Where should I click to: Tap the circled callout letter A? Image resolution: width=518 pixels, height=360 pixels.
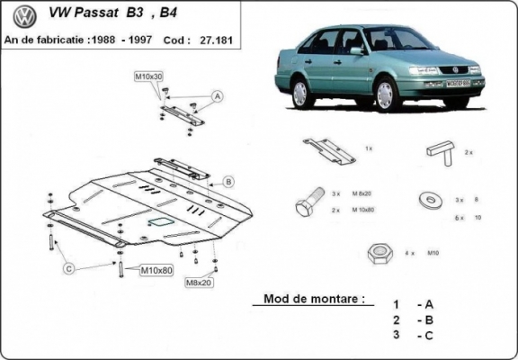pyautogui.click(x=217, y=95)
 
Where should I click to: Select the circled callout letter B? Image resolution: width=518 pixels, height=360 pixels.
pyautogui.click(x=228, y=182)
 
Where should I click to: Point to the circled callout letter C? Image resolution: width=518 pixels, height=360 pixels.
pyautogui.click(x=67, y=267)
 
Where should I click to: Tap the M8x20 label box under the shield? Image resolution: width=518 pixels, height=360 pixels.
pyautogui.click(x=199, y=283)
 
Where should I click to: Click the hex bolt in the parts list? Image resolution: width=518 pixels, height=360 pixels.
pyautogui.click(x=306, y=202)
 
